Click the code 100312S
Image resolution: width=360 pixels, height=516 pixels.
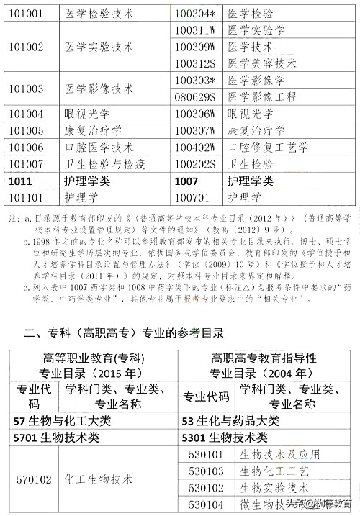pos(196,63)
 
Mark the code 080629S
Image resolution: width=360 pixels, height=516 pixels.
pos(196,96)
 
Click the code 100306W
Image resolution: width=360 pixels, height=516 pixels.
pos(196,114)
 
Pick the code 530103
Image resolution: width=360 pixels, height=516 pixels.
pos(204,471)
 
